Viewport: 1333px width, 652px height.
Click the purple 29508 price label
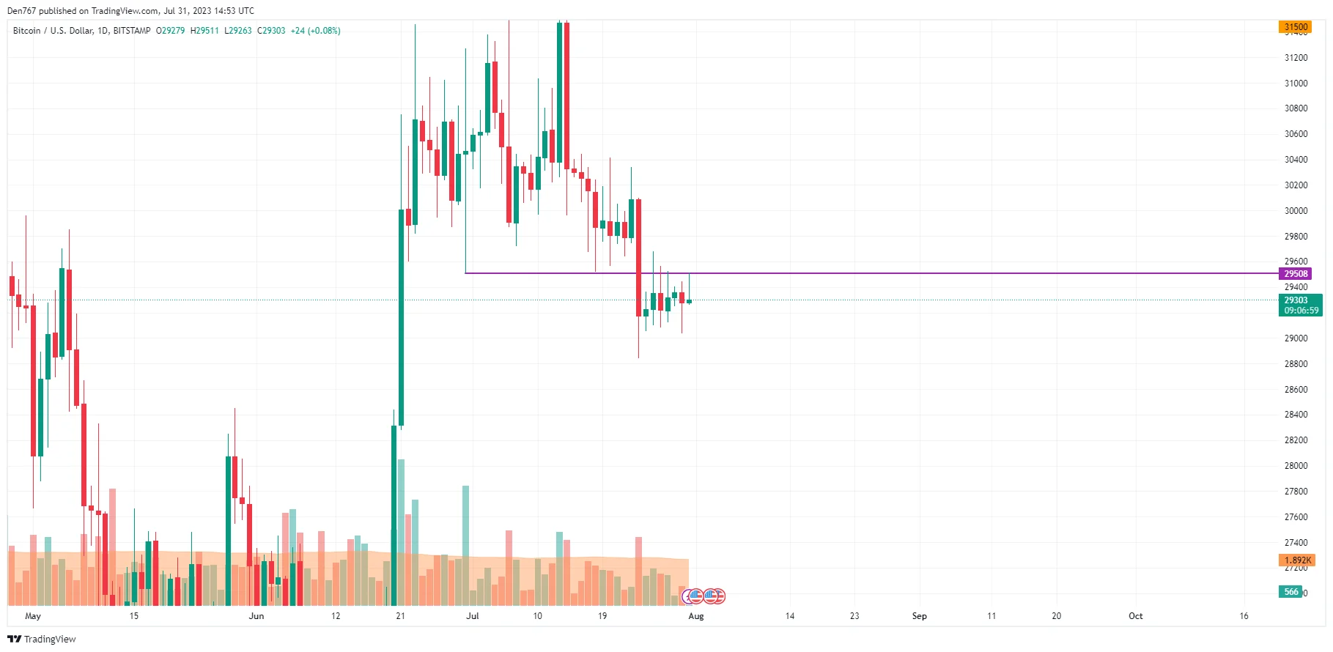coord(1295,274)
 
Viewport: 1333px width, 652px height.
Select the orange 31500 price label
coord(1295,27)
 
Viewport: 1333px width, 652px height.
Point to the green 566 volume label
coord(1290,592)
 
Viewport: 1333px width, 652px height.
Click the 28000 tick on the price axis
coord(1296,466)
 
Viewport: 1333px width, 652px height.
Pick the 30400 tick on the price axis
coord(1296,160)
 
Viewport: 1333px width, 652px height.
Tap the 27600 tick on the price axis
coord(1296,517)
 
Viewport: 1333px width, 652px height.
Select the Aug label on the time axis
coord(696,616)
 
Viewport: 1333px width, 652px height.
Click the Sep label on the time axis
coord(919,616)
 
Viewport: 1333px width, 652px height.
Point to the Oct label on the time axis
coord(1135,616)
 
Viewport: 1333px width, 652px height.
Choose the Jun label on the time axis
coord(256,616)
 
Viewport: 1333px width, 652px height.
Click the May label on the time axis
coord(33,616)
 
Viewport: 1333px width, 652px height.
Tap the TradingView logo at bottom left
coord(42,639)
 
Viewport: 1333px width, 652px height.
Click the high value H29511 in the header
coord(204,31)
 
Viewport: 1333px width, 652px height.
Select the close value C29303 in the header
coord(271,31)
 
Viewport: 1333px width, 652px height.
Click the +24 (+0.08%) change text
coord(315,31)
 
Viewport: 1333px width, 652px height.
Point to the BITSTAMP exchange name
coord(132,31)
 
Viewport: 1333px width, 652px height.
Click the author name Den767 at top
coord(21,11)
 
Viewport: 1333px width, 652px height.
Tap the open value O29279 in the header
coord(170,31)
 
